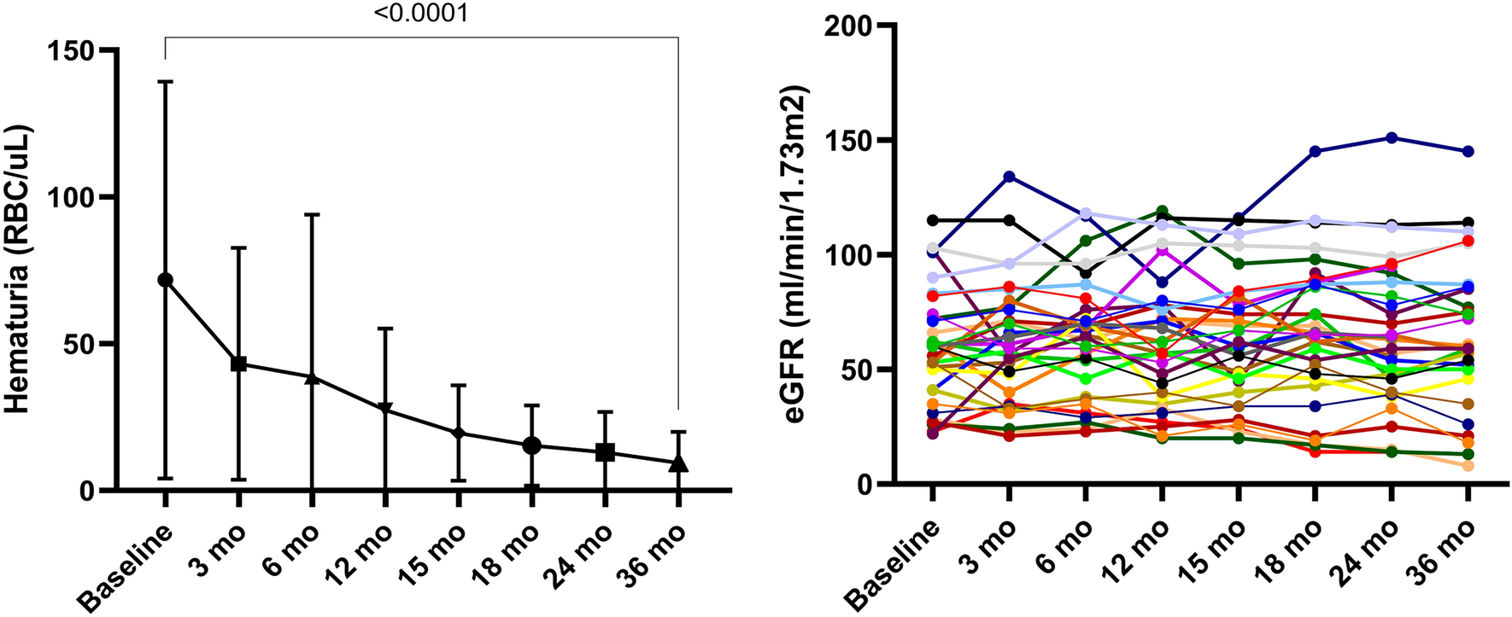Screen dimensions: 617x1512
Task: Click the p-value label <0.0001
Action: [x=421, y=14]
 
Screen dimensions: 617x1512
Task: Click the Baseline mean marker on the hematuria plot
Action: [x=166, y=280]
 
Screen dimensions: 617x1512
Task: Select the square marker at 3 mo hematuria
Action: [x=239, y=364]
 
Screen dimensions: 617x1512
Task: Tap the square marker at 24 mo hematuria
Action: [x=605, y=451]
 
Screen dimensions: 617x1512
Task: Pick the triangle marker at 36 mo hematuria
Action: [x=678, y=463]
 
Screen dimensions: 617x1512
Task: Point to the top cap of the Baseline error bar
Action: [x=166, y=81]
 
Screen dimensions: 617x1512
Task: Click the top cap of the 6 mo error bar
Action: [x=313, y=214]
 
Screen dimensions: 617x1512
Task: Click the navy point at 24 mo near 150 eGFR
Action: [x=1391, y=137]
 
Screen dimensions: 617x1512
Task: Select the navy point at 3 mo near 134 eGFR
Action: [x=1009, y=177]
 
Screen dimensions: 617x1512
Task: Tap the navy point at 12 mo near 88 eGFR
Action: [x=1162, y=282]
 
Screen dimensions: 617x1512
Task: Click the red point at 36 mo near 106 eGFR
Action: [x=1467, y=241]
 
